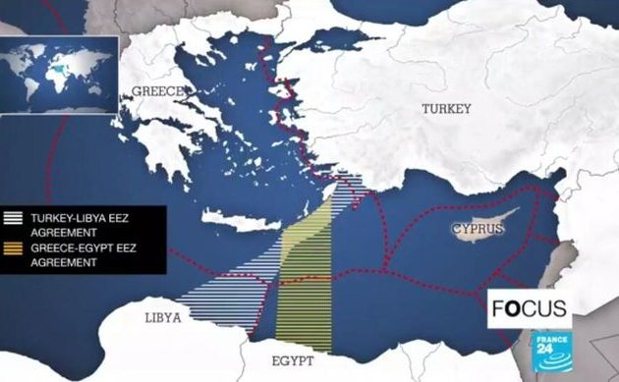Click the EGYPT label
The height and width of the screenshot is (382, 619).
pos(293,361)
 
